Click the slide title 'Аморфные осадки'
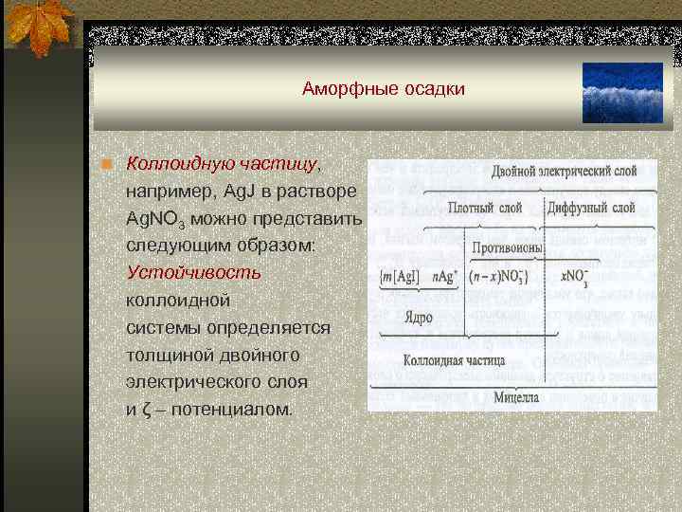384,89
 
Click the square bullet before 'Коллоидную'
110,163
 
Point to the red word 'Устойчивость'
194,272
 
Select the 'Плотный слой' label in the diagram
484,208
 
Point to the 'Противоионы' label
508,247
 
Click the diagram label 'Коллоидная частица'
453,360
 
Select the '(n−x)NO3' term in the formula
500,277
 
